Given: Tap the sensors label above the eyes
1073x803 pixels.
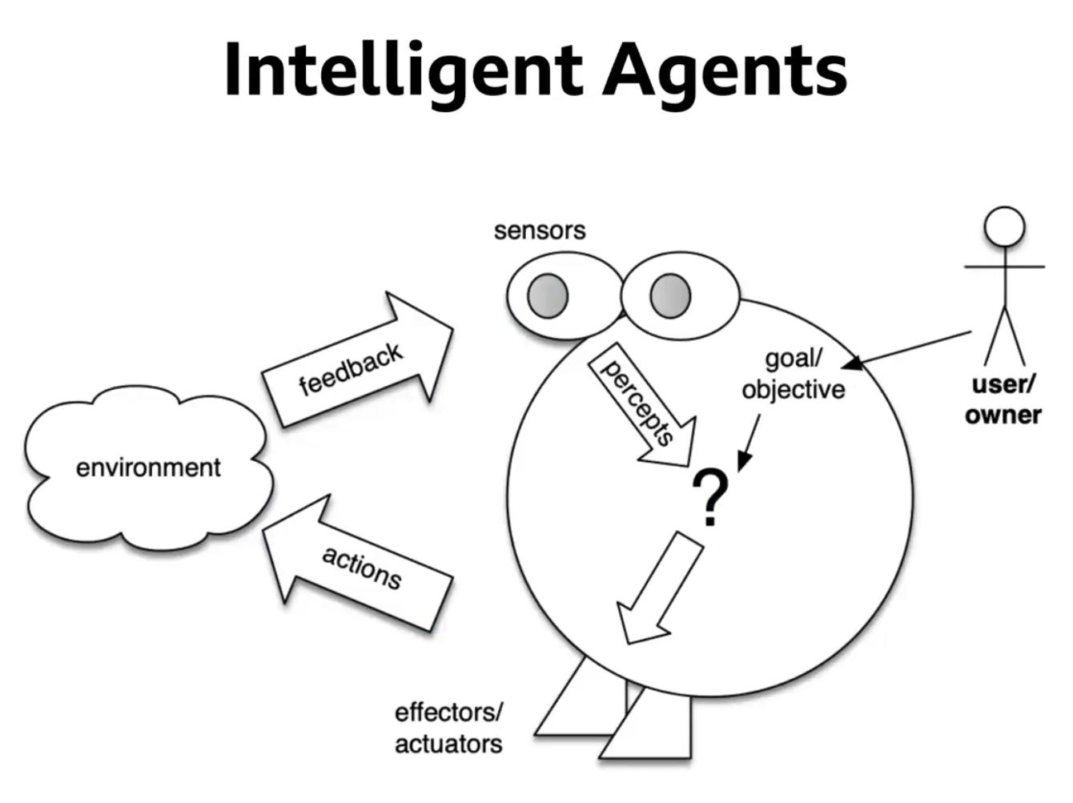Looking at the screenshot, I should click(540, 231).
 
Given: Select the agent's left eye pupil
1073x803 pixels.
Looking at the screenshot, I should click(548, 295).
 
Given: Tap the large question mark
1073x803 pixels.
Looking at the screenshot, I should click(710, 497).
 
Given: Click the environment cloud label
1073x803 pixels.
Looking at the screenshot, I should click(148, 468).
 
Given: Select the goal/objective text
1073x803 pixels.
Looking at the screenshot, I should click(793, 374).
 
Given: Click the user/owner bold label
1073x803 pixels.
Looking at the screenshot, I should click(1003, 399).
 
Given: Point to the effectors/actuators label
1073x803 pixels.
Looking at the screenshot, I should click(448, 728).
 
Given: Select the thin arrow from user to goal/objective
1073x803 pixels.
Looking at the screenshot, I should click(909, 350).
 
